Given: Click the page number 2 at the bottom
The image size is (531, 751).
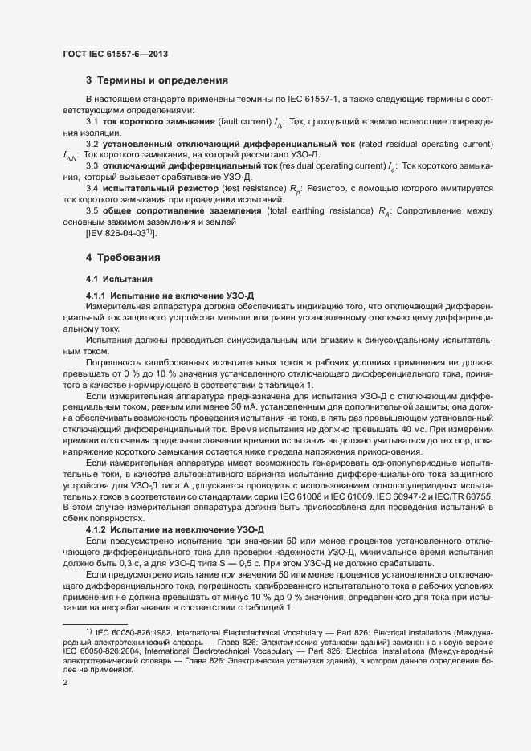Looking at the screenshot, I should pyautogui.click(x=65, y=683).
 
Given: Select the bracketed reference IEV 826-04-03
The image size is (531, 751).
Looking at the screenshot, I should pyautogui.click(x=121, y=233).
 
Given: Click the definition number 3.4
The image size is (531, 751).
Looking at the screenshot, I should pyautogui.click(x=92, y=188).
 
